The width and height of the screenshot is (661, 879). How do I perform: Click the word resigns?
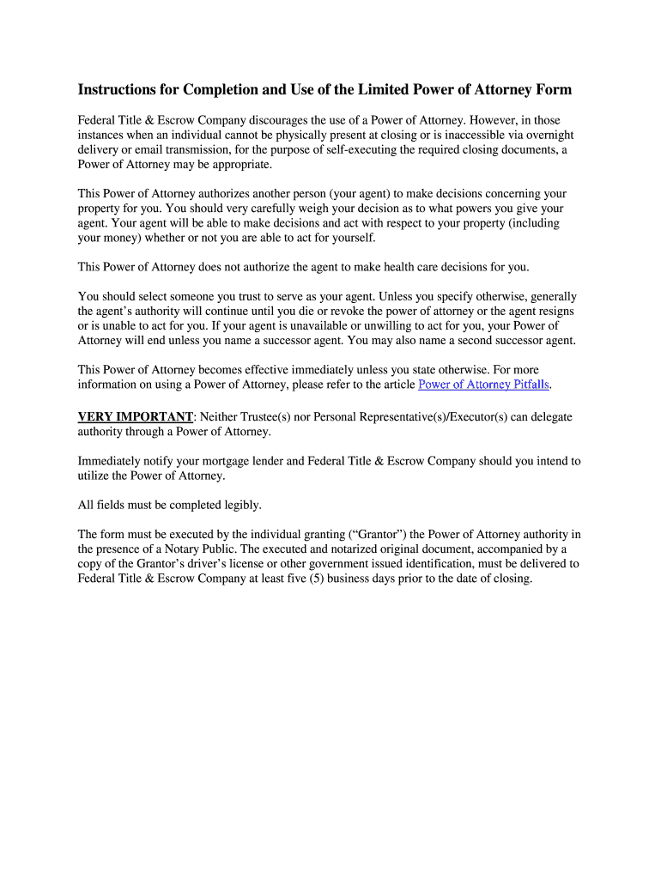click(x=555, y=311)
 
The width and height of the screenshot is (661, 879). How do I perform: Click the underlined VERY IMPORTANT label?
click(x=136, y=417)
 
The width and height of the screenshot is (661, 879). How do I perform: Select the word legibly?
click(x=240, y=505)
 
